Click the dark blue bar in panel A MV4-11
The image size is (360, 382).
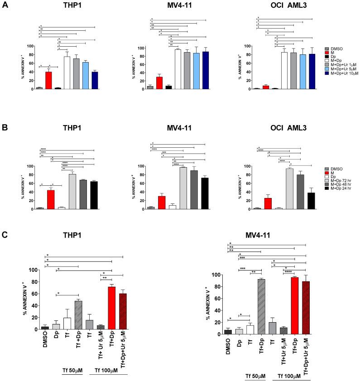click(206, 71)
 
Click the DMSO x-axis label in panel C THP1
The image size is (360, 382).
click(45, 339)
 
